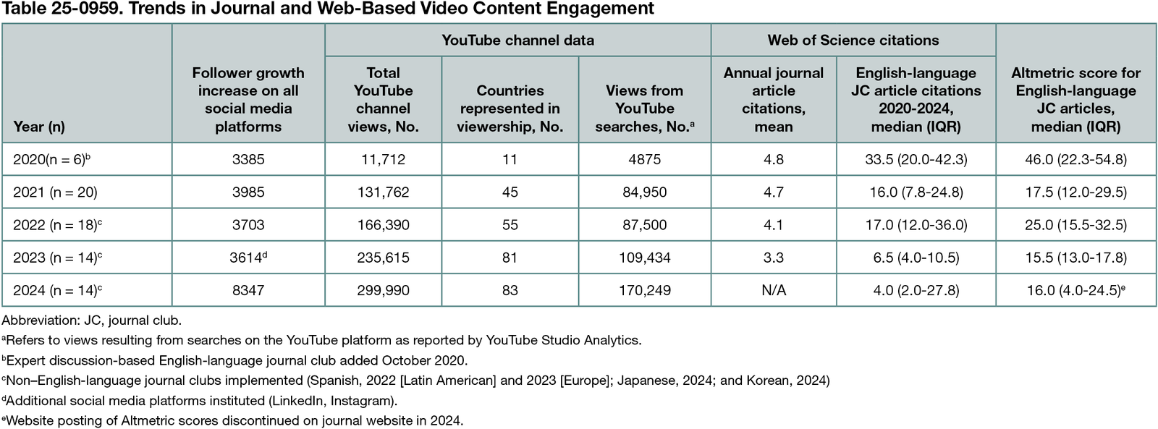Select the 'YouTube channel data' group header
[x=517, y=41]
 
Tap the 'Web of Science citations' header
[x=853, y=41]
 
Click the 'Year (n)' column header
[x=39, y=127]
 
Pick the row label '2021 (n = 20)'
[x=55, y=192]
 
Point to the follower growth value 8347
[x=248, y=290]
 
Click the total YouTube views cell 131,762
[x=383, y=192]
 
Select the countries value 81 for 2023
[x=510, y=258]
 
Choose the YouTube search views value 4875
[x=644, y=159]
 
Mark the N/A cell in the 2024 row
[x=773, y=290]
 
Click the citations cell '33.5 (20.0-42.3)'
[x=916, y=159]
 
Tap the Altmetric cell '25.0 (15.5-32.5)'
[x=1075, y=225]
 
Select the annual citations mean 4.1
[x=773, y=225]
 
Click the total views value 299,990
[x=383, y=290]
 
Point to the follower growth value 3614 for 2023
[x=246, y=258]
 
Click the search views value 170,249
[x=644, y=290]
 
